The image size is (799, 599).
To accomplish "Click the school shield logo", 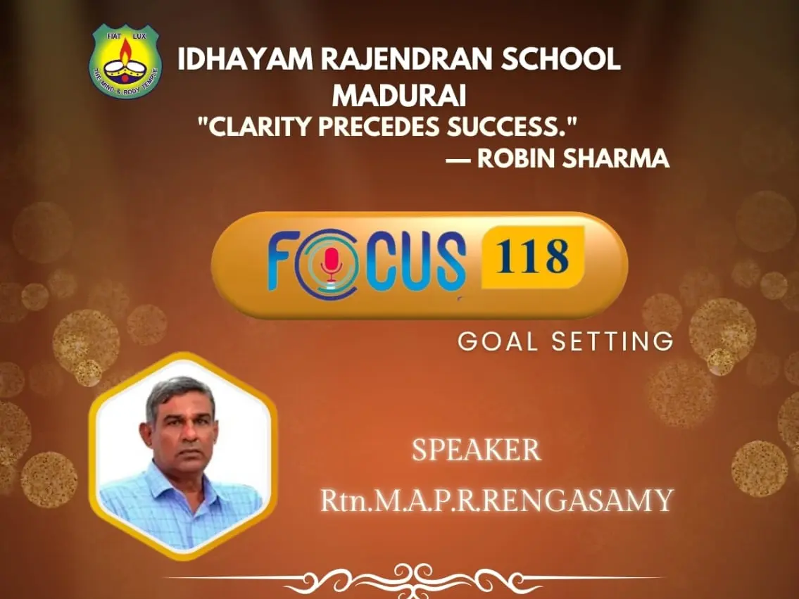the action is [x=125, y=61].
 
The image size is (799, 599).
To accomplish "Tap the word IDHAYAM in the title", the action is [x=245, y=59].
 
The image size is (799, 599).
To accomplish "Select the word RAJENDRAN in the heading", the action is [x=407, y=59].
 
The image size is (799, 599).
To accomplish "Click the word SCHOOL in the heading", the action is [x=560, y=59].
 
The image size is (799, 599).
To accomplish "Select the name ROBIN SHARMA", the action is [x=573, y=158].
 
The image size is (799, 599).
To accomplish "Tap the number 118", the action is [x=532, y=256].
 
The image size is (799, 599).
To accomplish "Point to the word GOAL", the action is [x=497, y=341].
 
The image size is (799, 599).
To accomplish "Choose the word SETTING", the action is [x=612, y=341].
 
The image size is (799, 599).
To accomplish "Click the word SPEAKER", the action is [x=477, y=450].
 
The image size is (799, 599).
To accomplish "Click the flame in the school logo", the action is [x=125, y=50].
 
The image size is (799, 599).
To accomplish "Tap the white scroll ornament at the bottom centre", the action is [x=414, y=580].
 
